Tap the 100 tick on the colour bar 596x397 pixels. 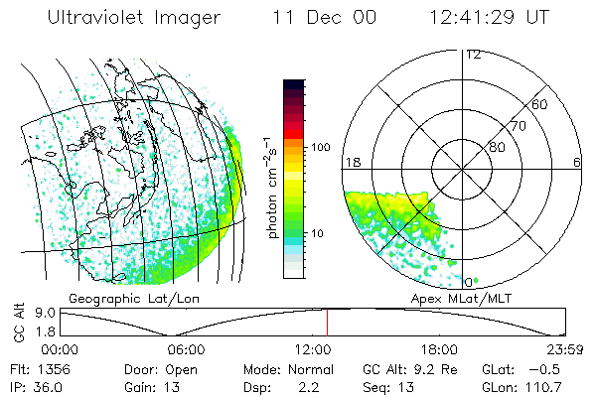tap(321, 147)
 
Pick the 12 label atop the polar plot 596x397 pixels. tap(474, 55)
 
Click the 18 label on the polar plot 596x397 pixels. tap(352, 162)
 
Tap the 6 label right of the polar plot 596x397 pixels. tap(577, 162)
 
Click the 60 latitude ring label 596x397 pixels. tap(540, 104)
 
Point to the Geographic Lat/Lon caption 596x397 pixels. tap(114, 298)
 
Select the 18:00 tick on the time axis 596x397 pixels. tap(438, 349)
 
